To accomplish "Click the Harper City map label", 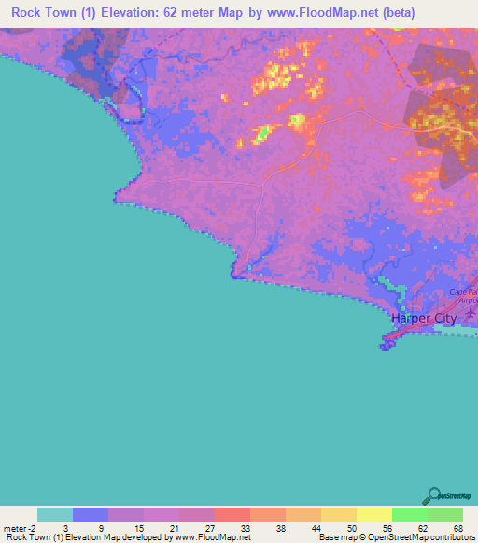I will (x=424, y=318).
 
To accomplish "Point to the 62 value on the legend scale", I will (x=410, y=526).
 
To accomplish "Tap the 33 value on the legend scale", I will (x=232, y=526).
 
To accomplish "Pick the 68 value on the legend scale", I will (x=445, y=526).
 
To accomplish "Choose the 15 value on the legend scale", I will (x=126, y=526).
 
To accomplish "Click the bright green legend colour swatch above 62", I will (x=410, y=514).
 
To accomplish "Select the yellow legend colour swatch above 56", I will (x=374, y=514).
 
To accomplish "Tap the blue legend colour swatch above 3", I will (x=91, y=514).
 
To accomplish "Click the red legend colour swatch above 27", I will (x=232, y=514).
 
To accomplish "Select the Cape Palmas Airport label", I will (x=463, y=297).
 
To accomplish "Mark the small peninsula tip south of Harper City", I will (x=386, y=347).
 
